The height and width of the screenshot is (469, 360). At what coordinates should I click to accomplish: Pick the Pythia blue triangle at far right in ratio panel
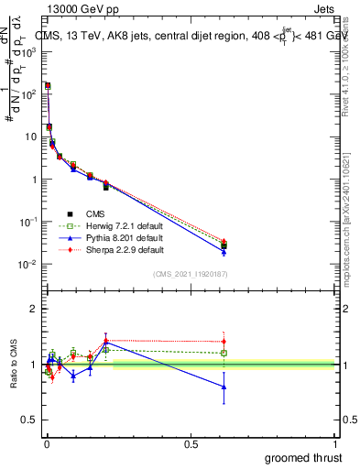pos(224,387)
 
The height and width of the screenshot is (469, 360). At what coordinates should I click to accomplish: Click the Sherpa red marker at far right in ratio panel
pos(224,342)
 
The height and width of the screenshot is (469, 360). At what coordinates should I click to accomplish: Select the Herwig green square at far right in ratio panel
pos(224,353)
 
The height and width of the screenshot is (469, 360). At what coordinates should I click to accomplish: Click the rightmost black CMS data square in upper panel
pos(224,245)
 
